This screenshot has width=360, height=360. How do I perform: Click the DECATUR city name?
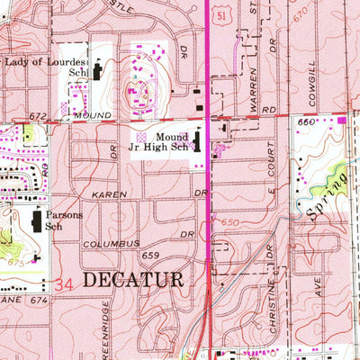point(132,280)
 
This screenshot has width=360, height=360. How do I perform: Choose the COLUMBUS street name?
point(112,244)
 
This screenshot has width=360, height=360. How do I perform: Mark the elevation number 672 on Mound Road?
point(38,116)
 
